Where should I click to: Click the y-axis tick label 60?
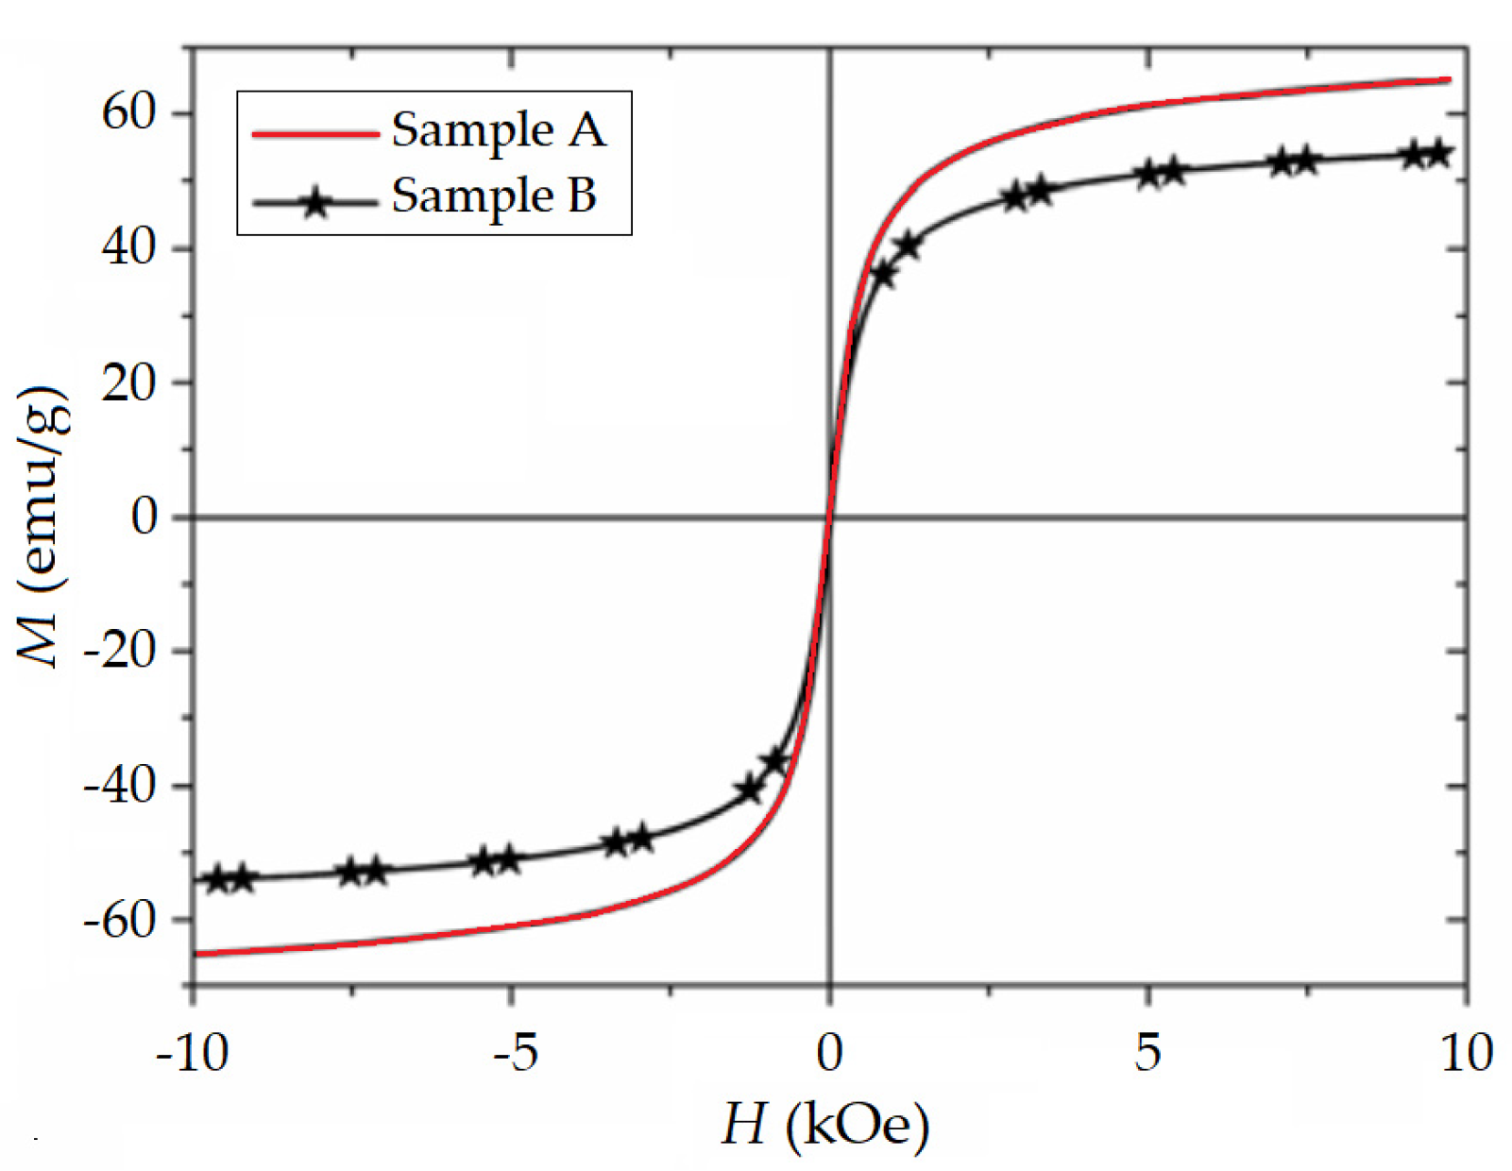(128, 112)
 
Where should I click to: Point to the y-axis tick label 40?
(128, 248)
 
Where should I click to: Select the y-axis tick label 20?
(128, 382)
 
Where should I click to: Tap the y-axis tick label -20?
(119, 651)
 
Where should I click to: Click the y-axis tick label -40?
(119, 785)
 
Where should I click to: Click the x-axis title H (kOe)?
(825, 1124)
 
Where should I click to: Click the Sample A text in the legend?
(498, 129)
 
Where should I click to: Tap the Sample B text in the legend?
(494, 195)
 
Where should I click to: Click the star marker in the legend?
(315, 202)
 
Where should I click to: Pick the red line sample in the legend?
(315, 134)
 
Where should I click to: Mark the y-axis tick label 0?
(144, 517)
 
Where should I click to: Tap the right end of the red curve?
(1449, 80)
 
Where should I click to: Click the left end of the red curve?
(195, 954)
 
